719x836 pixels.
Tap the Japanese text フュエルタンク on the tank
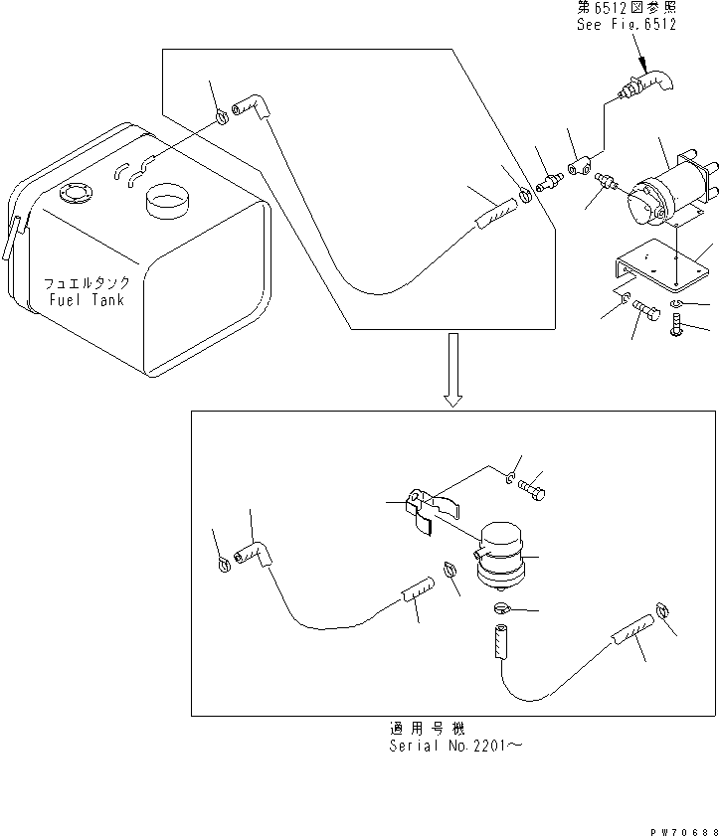(x=87, y=283)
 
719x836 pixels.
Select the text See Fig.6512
(x=626, y=24)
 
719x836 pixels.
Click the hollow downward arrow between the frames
(x=452, y=370)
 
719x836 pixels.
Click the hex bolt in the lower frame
(x=532, y=493)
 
